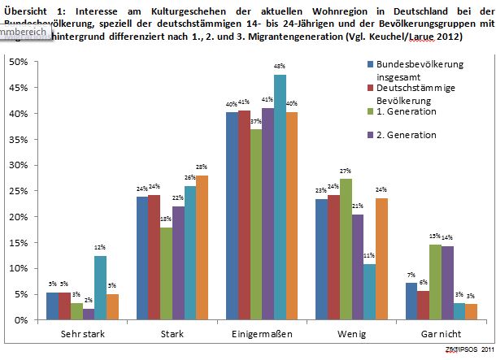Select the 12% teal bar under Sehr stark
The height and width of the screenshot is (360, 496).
100,288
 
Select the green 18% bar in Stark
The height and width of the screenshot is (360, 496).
166,273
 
